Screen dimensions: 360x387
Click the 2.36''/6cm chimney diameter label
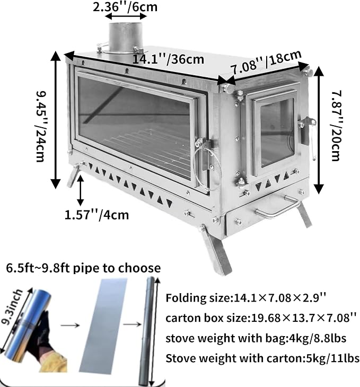(125, 7)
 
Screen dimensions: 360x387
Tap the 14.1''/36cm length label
(169, 59)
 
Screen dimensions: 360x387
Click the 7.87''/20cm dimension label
(336, 126)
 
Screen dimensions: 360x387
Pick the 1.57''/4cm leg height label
(96, 215)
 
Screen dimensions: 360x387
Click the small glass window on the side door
(277, 133)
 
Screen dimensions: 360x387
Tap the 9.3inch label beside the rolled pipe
(12, 307)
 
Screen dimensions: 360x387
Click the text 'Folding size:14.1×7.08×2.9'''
(246, 297)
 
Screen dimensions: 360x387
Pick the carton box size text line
(261, 318)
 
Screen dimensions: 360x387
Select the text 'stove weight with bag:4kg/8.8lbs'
(256, 338)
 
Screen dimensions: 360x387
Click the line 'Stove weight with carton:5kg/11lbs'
(262, 358)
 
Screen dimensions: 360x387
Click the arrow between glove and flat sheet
(71, 325)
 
